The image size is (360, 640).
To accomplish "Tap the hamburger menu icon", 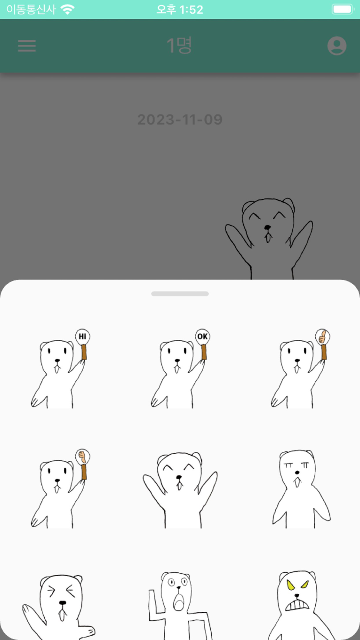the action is pyautogui.click(x=27, y=46).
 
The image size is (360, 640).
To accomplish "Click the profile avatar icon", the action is pyautogui.click(x=337, y=46).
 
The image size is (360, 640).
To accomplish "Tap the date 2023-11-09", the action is pyautogui.click(x=180, y=120).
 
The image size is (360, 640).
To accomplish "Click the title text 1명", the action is pyautogui.click(x=179, y=45).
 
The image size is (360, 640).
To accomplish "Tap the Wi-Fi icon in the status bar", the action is pyautogui.click(x=67, y=9).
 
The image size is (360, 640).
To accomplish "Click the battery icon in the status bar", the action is pyautogui.click(x=343, y=9).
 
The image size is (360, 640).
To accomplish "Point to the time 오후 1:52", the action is pyautogui.click(x=180, y=9).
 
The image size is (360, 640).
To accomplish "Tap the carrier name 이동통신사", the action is pyautogui.click(x=31, y=9).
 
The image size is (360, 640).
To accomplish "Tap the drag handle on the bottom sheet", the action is pyautogui.click(x=180, y=294).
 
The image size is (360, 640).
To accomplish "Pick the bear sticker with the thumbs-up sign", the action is pyautogui.click(x=300, y=369).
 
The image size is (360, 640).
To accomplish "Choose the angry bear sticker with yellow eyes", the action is pyautogui.click(x=300, y=605).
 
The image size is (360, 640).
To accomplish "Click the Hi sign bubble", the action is pyautogui.click(x=82, y=337).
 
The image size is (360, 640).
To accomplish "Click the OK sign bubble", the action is pyautogui.click(x=203, y=337).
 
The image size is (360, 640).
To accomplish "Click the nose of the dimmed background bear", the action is pyautogui.click(x=267, y=227).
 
